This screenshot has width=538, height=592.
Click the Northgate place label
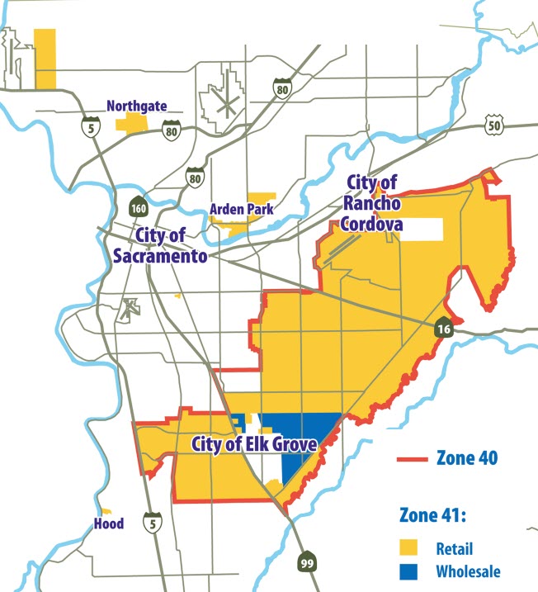coord(136,107)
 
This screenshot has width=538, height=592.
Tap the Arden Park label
coord(241,210)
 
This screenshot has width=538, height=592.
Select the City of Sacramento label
coord(159,246)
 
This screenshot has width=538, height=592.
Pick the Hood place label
coord(108,524)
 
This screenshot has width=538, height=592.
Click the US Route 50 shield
coord(493,126)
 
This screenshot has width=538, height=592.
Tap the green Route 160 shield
coord(138,204)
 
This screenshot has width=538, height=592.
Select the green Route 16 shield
coord(444,329)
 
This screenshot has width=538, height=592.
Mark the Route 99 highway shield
coord(306,561)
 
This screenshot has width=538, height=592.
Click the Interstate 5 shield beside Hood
coord(150,522)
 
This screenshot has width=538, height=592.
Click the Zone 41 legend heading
coord(432,516)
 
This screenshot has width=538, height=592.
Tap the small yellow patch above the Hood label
coord(104,511)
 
